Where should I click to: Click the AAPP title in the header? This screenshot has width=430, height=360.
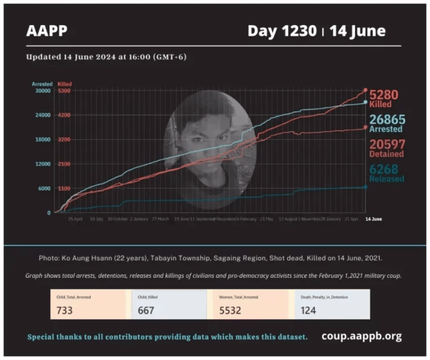(46, 31)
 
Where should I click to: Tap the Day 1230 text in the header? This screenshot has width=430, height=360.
(282, 31)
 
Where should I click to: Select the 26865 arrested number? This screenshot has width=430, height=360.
(386, 119)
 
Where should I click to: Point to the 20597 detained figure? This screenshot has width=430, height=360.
(386, 144)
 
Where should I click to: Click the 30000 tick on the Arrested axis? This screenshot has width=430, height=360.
(43, 91)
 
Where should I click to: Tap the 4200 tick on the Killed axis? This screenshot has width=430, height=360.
(63, 115)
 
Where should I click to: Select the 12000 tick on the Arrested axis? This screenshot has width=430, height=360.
(43, 164)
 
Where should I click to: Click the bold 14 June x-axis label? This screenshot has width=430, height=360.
(373, 219)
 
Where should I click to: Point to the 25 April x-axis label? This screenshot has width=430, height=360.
(75, 219)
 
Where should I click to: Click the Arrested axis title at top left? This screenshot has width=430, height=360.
(42, 84)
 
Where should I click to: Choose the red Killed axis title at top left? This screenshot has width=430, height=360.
(64, 84)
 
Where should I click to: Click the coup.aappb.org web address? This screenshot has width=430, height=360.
(361, 336)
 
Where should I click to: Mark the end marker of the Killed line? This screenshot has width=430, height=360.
(366, 90)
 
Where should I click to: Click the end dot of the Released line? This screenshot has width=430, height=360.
(366, 187)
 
